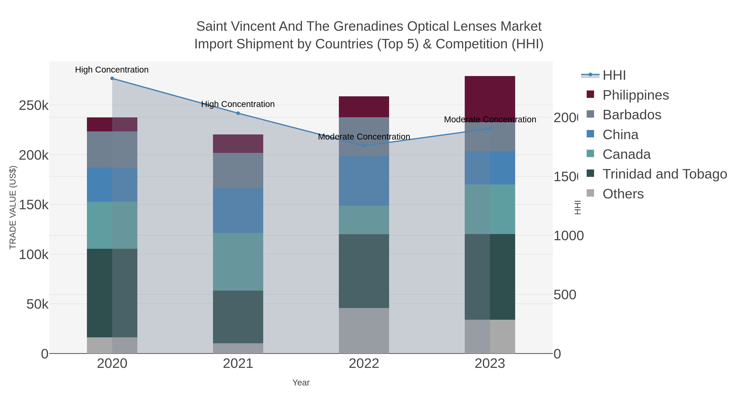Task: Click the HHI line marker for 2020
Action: [112, 78]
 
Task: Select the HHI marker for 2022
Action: [364, 146]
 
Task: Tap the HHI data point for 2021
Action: [238, 113]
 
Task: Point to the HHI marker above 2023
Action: [490, 128]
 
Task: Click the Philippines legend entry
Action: [635, 95]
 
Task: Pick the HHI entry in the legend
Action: [614, 75]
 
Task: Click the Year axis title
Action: [301, 383]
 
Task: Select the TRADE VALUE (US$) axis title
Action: [13, 207]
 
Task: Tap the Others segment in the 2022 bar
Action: [364, 331]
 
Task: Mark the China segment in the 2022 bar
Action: [364, 181]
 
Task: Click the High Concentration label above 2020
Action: [112, 70]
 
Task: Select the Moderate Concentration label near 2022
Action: [364, 137]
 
